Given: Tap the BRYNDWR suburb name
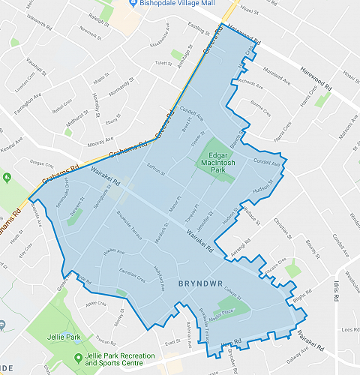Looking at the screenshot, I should point(200,285).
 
